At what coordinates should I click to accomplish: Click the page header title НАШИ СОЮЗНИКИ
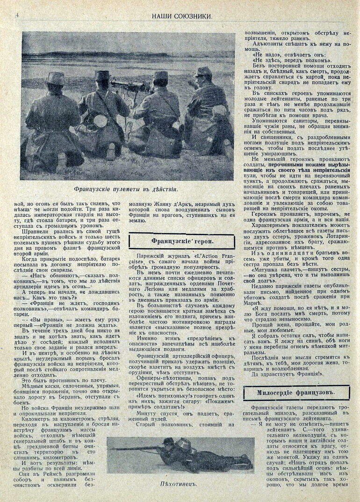[182, 15]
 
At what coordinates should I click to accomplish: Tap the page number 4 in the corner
[17, 15]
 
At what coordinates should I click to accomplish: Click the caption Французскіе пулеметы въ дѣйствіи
[126, 189]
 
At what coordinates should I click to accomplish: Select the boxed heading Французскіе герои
[181, 241]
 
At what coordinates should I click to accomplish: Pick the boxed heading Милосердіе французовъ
[296, 393]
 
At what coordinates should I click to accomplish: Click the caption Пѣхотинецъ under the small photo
[178, 484]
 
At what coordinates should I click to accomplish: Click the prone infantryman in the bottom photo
[196, 453]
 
